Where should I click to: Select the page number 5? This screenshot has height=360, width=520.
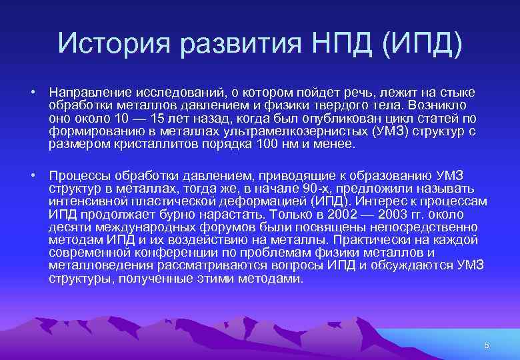tap(487, 345)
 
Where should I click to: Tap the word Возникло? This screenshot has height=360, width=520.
tap(443, 105)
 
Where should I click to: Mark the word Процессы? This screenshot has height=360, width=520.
tap(78, 175)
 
